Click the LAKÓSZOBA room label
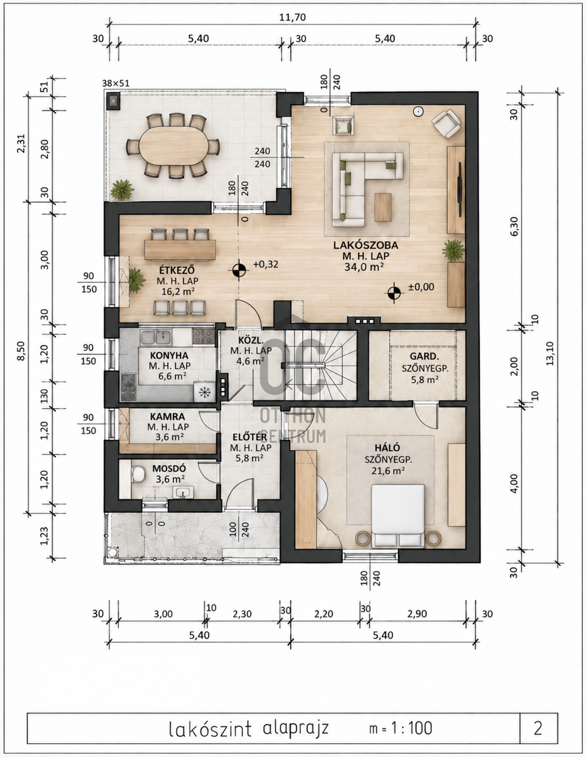[x=366, y=245]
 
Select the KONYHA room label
[x=169, y=355]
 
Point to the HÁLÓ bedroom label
[x=387, y=448]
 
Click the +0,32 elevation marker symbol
[x=239, y=269]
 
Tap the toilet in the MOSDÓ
[x=138, y=474]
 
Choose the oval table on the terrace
[x=173, y=145]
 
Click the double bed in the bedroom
[x=398, y=515]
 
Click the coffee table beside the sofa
[x=383, y=207]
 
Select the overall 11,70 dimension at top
[x=293, y=17]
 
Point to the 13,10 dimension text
[x=550, y=354]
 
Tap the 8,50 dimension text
[x=21, y=351]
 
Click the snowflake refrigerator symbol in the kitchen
[x=205, y=392]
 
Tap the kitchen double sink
[x=156, y=337]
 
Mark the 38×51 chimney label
[x=115, y=83]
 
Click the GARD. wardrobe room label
[x=424, y=356]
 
